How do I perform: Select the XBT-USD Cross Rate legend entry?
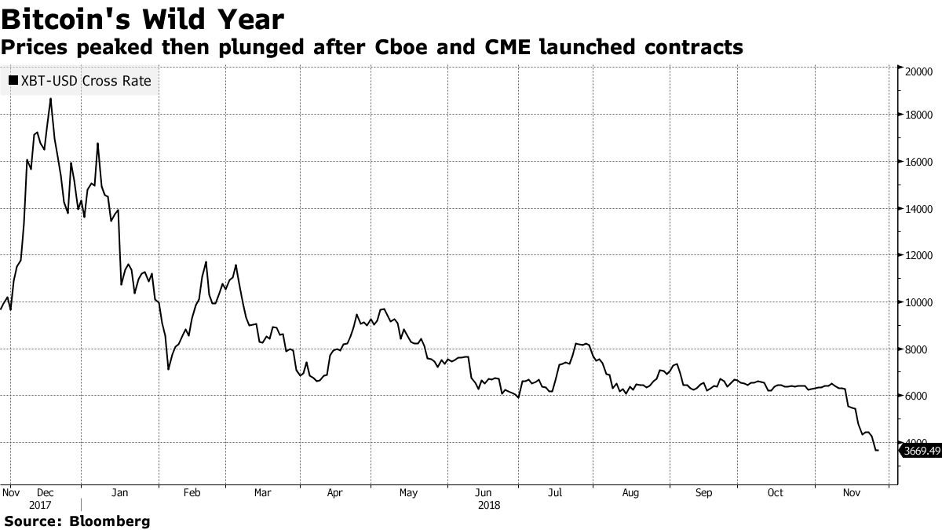tap(79, 80)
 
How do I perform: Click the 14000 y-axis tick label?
tap(916, 209)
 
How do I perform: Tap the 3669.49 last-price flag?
tap(922, 451)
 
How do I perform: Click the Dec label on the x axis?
tap(45, 493)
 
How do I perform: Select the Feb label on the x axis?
tap(192, 493)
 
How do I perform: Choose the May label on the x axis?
tap(407, 493)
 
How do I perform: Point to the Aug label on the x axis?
tap(630, 493)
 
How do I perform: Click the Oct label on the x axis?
tap(775, 493)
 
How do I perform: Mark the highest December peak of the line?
tap(51, 99)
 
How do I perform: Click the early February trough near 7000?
tap(168, 369)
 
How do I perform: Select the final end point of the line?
tap(877, 451)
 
